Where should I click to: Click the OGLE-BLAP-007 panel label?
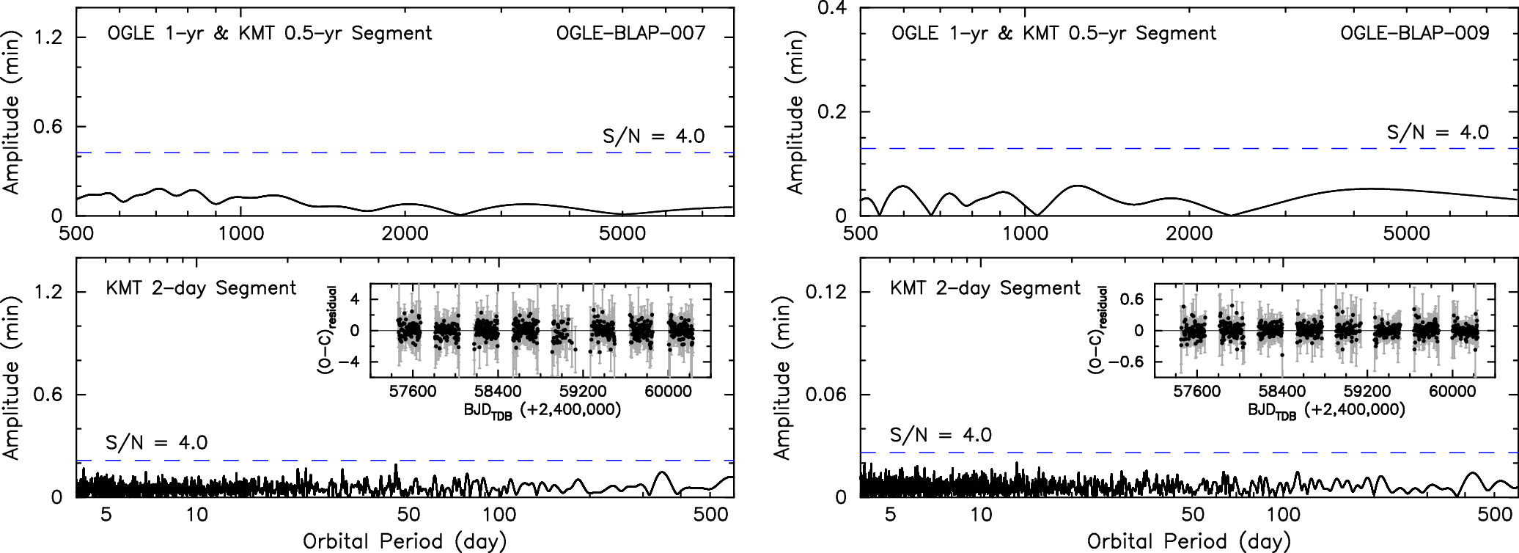[x=630, y=33]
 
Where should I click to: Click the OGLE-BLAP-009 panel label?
[x=1414, y=33]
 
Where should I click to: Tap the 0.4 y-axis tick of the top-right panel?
[x=831, y=9]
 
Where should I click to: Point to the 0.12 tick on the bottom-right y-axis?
[x=825, y=292]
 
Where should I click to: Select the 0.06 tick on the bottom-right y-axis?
[x=825, y=395]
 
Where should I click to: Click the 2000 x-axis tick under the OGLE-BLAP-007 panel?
[x=405, y=233]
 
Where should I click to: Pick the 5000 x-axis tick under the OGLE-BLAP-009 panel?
[x=1406, y=233]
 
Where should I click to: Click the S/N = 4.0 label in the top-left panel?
[x=653, y=136]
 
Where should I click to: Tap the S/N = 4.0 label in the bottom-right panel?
[x=941, y=435]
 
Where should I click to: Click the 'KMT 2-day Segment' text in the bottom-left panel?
[x=201, y=288]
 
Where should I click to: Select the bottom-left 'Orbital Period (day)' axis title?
[x=405, y=541]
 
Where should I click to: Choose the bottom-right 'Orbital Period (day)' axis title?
[x=1188, y=541]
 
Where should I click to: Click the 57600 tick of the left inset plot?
[x=413, y=391]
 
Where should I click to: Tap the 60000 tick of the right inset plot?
[x=1452, y=391]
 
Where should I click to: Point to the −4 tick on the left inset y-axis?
[x=354, y=362]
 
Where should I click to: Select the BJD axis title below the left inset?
[x=542, y=410]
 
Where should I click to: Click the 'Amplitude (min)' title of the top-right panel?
[x=795, y=112]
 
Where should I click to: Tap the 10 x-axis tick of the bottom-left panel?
[x=196, y=514]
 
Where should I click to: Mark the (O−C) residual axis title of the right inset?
[x=1097, y=330]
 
